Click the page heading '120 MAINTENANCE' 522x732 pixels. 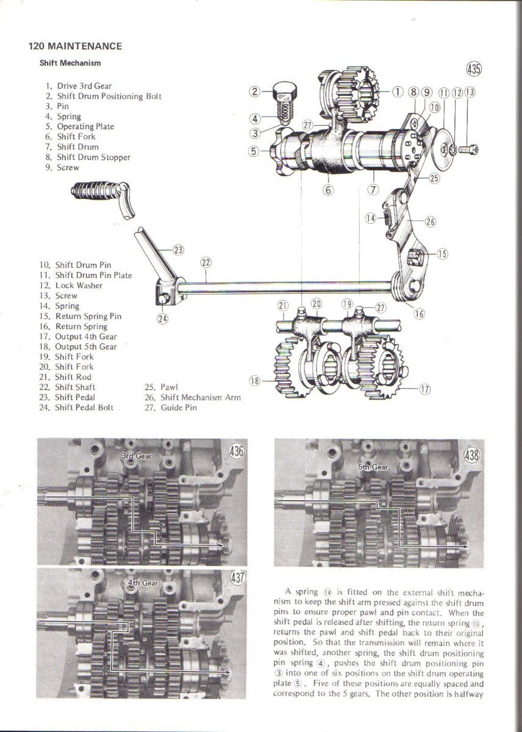75,46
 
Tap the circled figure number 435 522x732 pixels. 474,68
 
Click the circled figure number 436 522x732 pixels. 235,451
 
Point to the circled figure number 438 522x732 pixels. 471,455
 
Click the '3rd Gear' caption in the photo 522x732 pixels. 135,456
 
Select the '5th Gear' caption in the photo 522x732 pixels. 373,467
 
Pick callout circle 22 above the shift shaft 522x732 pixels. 206,263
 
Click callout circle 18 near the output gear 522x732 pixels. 255,381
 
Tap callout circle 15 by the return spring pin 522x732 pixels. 442,254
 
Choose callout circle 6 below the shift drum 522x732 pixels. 329,189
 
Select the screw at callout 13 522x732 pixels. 470,148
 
